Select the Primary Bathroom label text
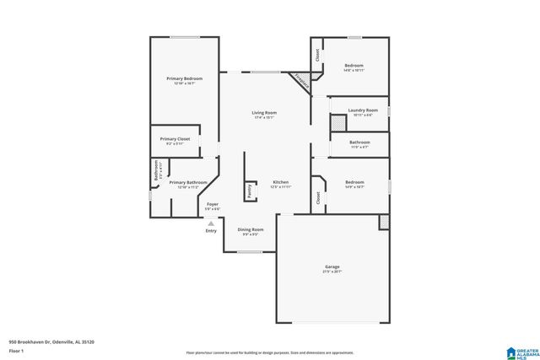(x=188, y=182)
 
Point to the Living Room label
(x=264, y=112)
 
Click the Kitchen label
(x=280, y=182)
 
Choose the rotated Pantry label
(x=250, y=191)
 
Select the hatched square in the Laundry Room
(x=337, y=123)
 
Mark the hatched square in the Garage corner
(x=384, y=221)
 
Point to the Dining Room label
(x=250, y=229)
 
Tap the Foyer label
(x=213, y=204)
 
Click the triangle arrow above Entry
(x=211, y=223)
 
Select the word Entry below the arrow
(x=211, y=231)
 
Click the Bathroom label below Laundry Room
(x=359, y=142)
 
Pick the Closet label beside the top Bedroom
(x=317, y=56)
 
